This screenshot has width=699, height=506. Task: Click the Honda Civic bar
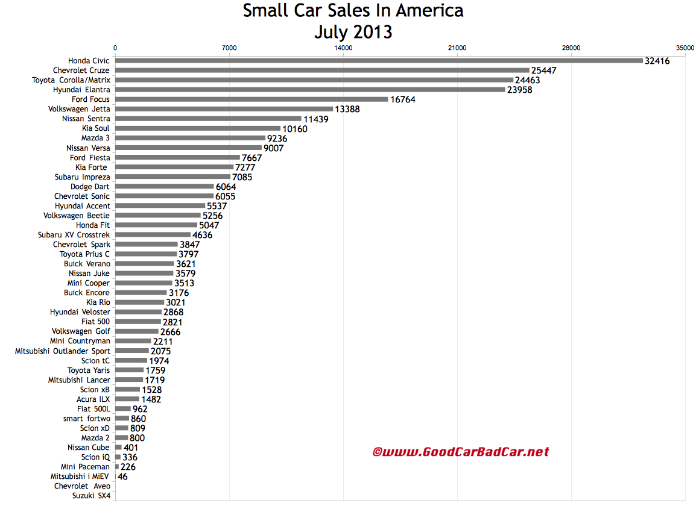click(379, 60)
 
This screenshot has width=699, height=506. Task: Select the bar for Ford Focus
click(251, 99)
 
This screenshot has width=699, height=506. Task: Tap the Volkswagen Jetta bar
click(224, 109)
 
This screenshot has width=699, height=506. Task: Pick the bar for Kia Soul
click(198, 128)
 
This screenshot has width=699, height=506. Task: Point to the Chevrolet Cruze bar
click(322, 70)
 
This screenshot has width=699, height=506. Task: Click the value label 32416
click(657, 61)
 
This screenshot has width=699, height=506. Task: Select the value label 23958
click(519, 90)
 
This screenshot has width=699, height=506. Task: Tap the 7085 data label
click(242, 177)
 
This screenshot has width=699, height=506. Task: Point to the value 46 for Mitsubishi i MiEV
click(122, 476)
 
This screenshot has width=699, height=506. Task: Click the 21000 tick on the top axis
click(457, 47)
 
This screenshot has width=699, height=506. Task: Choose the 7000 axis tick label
click(229, 47)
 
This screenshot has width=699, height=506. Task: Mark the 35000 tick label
click(685, 47)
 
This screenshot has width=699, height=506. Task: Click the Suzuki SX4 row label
click(90, 496)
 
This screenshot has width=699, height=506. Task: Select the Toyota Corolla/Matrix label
click(71, 80)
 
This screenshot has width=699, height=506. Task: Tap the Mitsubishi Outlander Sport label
click(63, 351)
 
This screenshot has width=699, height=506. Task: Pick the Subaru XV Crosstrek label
click(74, 234)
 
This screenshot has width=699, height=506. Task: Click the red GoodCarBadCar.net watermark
click(461, 451)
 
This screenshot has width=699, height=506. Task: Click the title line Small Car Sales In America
click(353, 11)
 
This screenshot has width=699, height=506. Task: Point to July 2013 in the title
click(353, 31)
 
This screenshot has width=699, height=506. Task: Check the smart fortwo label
click(87, 418)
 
